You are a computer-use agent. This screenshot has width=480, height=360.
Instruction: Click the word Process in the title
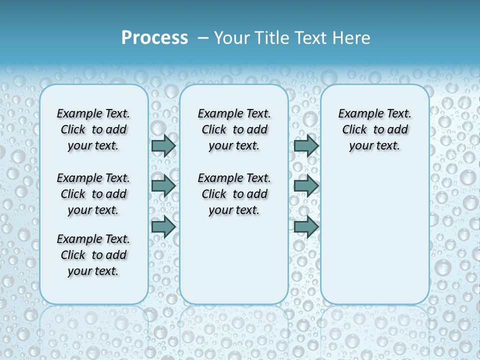[154, 38]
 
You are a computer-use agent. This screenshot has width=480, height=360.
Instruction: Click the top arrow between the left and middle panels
[163, 145]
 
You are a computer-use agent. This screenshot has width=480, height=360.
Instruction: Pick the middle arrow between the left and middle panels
[163, 186]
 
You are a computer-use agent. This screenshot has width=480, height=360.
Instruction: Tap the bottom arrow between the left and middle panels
[163, 227]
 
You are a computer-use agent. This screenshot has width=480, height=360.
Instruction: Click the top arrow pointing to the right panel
[306, 145]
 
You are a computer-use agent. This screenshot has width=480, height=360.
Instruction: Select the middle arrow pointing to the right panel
[306, 186]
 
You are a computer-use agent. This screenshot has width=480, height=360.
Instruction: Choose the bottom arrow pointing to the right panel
[306, 227]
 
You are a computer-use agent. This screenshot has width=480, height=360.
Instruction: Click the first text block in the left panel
[93, 129]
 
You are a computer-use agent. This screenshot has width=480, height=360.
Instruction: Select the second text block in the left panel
[93, 194]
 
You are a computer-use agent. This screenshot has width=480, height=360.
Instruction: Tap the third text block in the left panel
[93, 255]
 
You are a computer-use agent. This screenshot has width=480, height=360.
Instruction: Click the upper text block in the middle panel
[234, 129]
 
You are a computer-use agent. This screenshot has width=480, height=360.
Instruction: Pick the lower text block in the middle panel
[234, 194]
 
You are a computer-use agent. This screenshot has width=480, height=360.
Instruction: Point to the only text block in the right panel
[374, 129]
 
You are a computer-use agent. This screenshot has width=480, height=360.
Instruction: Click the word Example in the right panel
[359, 114]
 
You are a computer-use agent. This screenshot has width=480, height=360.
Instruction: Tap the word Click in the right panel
[354, 130]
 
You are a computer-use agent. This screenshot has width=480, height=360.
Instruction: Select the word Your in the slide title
[232, 38]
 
